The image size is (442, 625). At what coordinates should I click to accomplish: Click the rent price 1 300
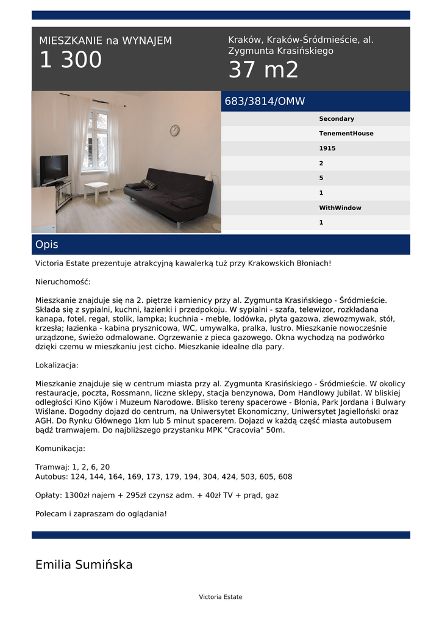click(x=71, y=60)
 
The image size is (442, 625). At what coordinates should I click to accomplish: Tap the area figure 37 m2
click(x=263, y=70)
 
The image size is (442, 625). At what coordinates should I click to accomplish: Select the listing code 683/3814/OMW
click(x=265, y=101)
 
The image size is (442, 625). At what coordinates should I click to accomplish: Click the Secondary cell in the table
click(x=337, y=119)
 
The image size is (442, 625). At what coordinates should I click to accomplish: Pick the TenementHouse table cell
click(x=346, y=134)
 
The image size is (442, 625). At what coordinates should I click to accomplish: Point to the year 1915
click(x=327, y=148)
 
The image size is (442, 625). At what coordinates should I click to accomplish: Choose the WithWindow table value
click(x=340, y=208)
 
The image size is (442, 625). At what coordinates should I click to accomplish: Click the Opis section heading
click(x=47, y=245)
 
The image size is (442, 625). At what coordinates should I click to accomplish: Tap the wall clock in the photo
click(x=175, y=130)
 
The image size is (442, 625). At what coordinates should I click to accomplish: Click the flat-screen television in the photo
click(x=54, y=169)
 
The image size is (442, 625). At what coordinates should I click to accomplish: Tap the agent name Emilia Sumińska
click(x=84, y=565)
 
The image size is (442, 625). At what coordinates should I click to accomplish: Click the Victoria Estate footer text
click(x=221, y=597)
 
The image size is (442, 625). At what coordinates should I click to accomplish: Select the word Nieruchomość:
click(x=63, y=282)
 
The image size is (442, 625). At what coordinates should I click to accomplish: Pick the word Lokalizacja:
click(x=57, y=366)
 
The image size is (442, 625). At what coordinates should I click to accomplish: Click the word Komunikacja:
click(x=60, y=449)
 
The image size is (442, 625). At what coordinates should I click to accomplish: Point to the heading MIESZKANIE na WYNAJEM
click(x=105, y=41)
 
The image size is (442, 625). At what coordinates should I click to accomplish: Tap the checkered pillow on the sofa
click(x=148, y=184)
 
